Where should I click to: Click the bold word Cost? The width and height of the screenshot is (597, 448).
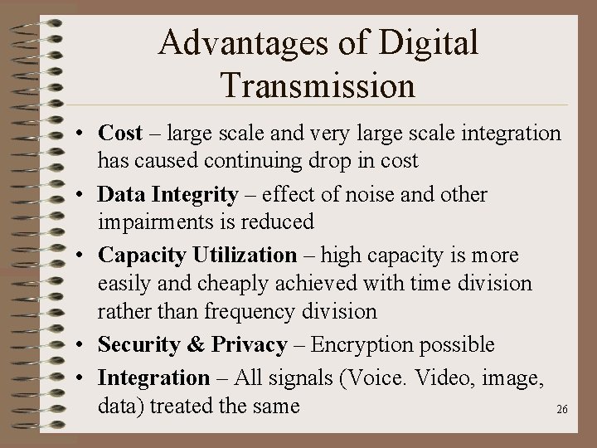pyautogui.click(x=119, y=133)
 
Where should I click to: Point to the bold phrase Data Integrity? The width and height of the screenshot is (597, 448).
pyautogui.click(x=167, y=195)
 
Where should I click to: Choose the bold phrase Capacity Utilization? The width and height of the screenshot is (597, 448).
pyautogui.click(x=197, y=256)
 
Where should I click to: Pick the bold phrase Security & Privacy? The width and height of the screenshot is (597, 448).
pyautogui.click(x=192, y=345)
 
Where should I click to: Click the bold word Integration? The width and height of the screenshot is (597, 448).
pyautogui.click(x=153, y=378)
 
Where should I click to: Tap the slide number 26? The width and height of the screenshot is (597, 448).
pyautogui.click(x=561, y=410)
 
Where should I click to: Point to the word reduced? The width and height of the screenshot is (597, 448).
pyautogui.click(x=277, y=222)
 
